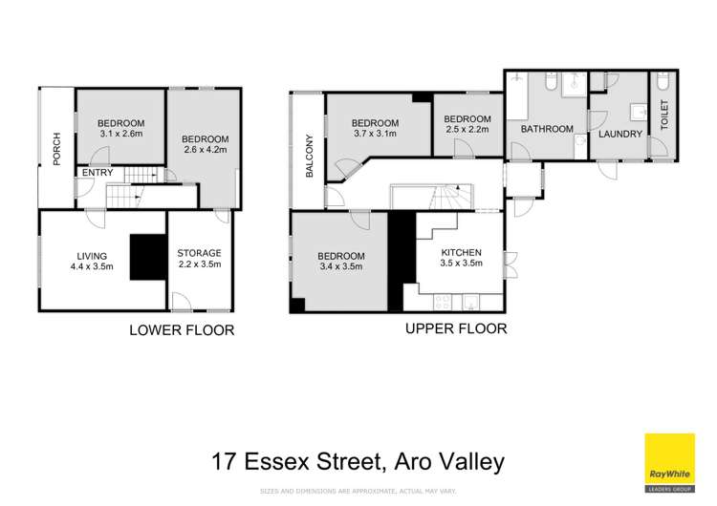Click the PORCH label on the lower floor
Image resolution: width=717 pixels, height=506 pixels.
57,149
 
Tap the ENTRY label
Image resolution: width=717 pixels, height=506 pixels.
98,173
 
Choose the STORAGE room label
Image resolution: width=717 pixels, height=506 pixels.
200,253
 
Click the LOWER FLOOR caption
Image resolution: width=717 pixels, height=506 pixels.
182,330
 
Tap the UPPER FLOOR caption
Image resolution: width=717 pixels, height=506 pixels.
455,328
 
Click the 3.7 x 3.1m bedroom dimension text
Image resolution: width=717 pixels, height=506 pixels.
374,135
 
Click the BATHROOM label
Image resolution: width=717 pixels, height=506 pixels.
547,129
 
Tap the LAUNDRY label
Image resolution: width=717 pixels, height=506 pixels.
619,134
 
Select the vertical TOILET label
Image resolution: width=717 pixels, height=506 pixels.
665,124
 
